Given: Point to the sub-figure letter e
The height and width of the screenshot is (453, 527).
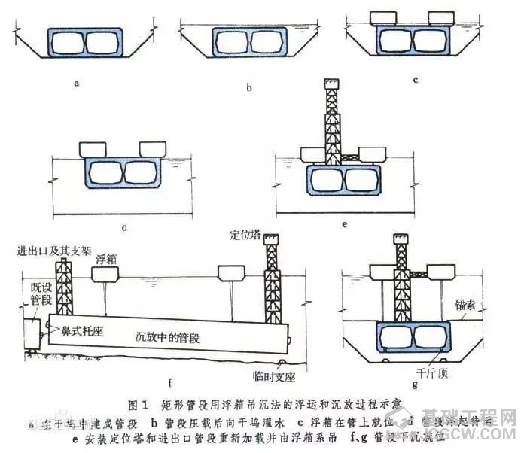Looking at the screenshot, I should [x=345, y=223].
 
